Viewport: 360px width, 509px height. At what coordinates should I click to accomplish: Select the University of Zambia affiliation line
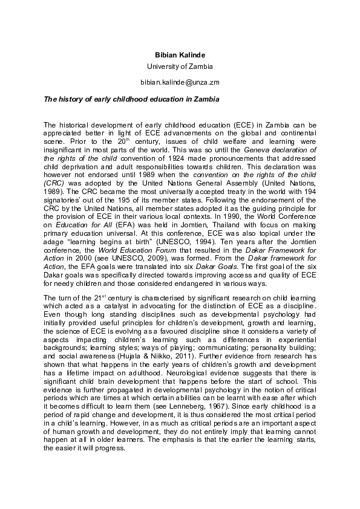pos(180,66)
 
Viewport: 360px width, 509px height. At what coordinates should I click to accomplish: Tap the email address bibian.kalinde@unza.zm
pos(180,81)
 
